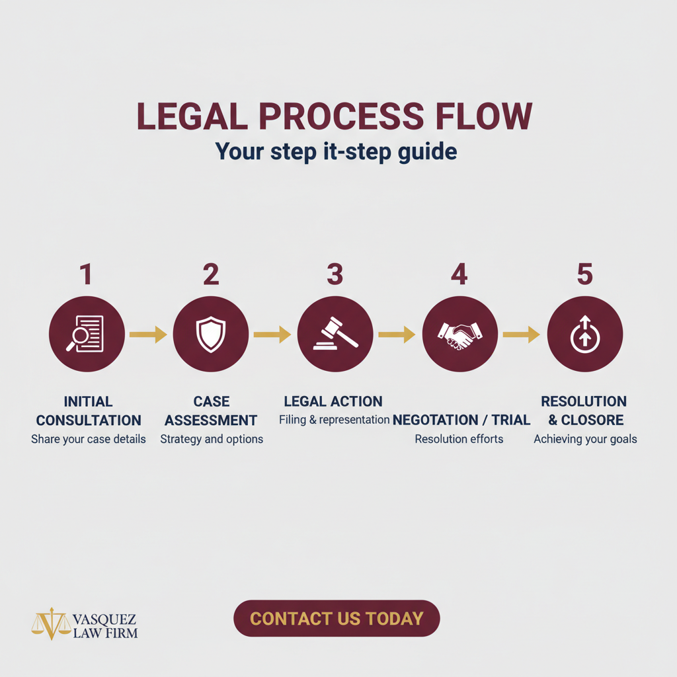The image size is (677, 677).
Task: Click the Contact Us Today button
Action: pos(337,618)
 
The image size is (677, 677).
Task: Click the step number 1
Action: pos(85,274)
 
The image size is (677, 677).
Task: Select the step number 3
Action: pos(335,274)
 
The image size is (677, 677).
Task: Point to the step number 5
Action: pos(584,274)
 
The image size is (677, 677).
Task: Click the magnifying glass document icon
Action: pos(87,333)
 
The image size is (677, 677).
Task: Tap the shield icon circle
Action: pos(211,333)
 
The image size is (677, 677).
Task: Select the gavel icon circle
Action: pos(335,333)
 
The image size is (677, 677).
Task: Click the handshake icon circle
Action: pos(459,333)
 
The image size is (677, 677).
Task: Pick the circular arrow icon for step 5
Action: pos(584,333)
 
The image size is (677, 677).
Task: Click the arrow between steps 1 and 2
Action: pos(148,335)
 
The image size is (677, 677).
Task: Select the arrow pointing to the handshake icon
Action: pos(397,335)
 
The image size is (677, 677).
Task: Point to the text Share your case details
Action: pos(89,439)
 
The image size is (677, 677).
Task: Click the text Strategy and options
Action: pos(212,439)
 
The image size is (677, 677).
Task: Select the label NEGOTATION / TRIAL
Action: pos(461,420)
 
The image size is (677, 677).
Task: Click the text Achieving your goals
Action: pos(585,439)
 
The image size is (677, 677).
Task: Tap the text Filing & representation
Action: pos(334,420)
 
